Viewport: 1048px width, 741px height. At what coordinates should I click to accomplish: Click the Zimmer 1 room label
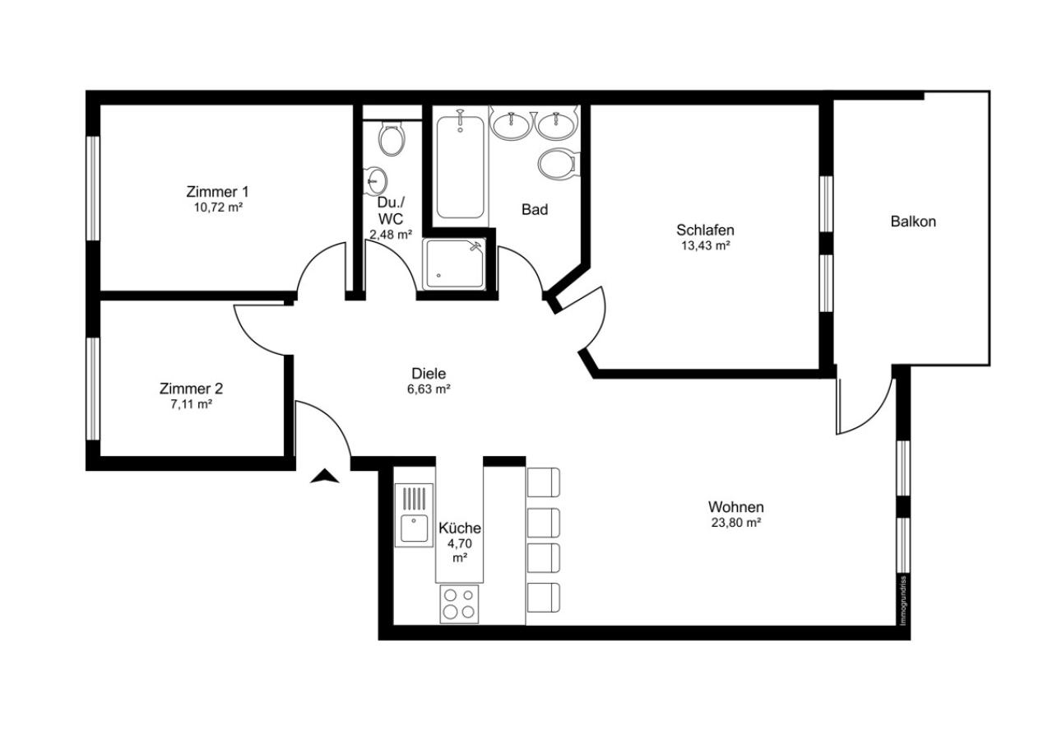pos(217,192)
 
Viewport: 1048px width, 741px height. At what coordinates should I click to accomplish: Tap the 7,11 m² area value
pos(192,403)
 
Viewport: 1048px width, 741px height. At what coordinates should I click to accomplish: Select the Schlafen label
pos(705,230)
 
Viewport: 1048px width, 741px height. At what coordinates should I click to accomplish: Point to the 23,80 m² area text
pos(735,522)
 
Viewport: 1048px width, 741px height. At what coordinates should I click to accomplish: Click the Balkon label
pos(913,221)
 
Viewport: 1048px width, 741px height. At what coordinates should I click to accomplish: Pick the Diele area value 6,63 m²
pos(429,389)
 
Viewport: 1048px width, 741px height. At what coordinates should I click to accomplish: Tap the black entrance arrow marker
pos(325,476)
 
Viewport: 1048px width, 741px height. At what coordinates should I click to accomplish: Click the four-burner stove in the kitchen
pos(459,604)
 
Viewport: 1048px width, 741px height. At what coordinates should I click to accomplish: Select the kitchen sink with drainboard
pos(414,515)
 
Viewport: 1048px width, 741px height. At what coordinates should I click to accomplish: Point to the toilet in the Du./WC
pos(391,138)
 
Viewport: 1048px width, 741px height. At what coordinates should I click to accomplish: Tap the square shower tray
pos(453,263)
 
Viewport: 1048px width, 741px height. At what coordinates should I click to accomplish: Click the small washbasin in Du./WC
pos(376,179)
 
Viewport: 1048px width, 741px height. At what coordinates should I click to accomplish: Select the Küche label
pos(460,528)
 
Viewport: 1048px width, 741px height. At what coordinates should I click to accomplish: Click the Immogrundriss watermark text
pos(903,600)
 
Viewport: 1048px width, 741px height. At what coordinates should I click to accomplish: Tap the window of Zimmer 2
pos(93,389)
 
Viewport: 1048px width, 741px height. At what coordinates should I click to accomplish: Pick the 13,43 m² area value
pos(706,245)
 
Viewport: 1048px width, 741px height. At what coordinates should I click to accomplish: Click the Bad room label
pos(535,209)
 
